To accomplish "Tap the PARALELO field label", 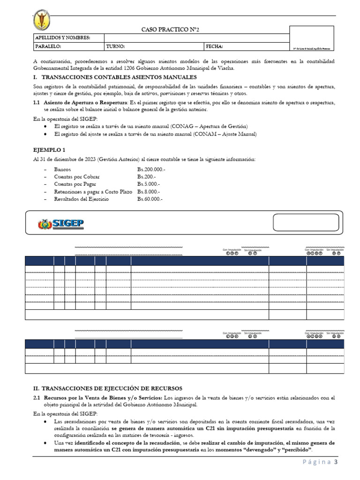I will coord(48,47).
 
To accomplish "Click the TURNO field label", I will coord(115,47).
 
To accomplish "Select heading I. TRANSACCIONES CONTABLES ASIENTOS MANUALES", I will coord(115,77).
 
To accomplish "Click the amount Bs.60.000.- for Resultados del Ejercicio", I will coord(150,199).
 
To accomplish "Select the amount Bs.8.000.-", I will coord(149,192).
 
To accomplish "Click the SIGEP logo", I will coord(61,224).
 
